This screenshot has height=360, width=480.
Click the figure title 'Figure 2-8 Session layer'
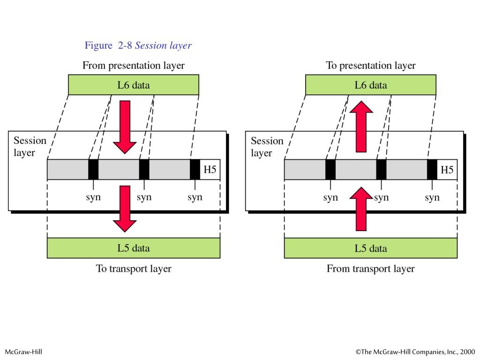pyautogui.click(x=138, y=45)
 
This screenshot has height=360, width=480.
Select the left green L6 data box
pyautogui.click(x=134, y=85)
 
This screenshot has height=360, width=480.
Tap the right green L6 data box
pyautogui.click(x=371, y=85)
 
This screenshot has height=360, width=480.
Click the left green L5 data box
pyautogui.click(x=134, y=248)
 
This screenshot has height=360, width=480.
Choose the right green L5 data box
pyautogui.click(x=371, y=248)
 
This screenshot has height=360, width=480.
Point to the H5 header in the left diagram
pyautogui.click(x=210, y=170)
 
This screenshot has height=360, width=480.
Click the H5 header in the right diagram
pyautogui.click(x=447, y=170)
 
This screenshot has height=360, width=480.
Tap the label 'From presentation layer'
pyautogui.click(x=134, y=66)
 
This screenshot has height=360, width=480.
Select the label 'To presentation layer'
pyautogui.click(x=371, y=66)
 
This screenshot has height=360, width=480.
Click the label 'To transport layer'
pyautogui.click(x=134, y=269)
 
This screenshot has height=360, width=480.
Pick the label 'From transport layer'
pyautogui.click(x=371, y=269)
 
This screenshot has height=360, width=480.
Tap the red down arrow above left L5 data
pyautogui.click(x=125, y=208)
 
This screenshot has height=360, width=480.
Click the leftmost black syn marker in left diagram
pyautogui.click(x=93, y=170)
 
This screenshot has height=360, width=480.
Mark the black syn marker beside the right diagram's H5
pyautogui.click(x=432, y=170)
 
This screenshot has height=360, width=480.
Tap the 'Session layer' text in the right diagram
pyautogui.click(x=267, y=147)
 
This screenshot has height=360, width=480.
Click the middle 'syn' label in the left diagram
pyautogui.click(x=144, y=197)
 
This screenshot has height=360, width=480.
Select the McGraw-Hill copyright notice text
pyautogui.click(x=415, y=352)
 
